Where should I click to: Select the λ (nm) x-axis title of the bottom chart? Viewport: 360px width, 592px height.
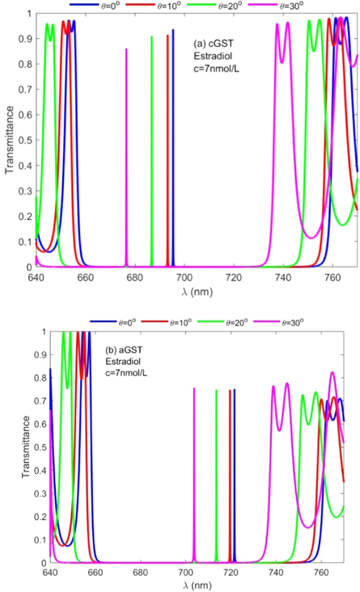197,585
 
